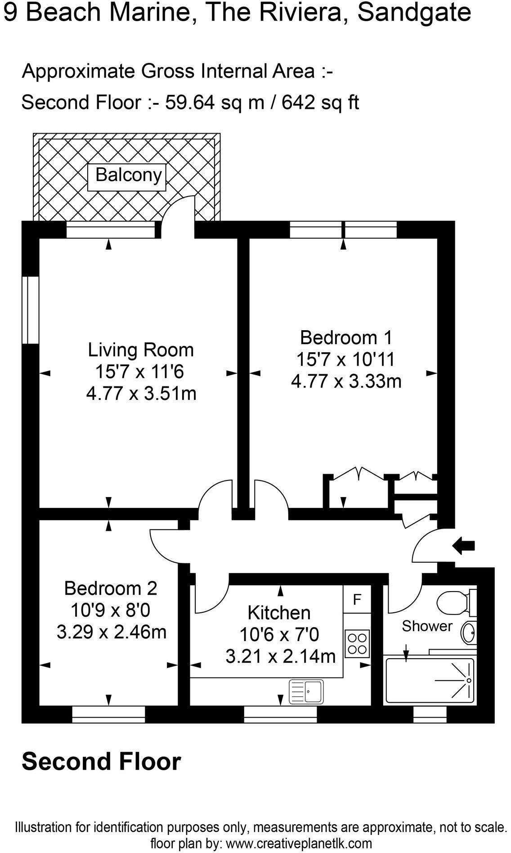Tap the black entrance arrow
coord(463,546)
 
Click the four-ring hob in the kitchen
coord(357,643)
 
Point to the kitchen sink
coord(306,691)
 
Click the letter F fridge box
coord(357,600)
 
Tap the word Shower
coord(427,626)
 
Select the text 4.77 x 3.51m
coord(141,394)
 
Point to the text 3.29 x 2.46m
coord(111,632)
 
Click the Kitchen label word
coord(279,613)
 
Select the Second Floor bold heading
coord(102,762)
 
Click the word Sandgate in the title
coord(414,13)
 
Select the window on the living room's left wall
coord(31,310)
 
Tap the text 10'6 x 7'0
coord(279,635)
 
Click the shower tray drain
coord(468,681)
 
